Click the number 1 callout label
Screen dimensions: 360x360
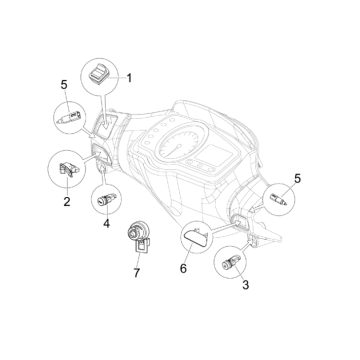pos(129,78)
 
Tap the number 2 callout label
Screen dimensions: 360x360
pos(67,201)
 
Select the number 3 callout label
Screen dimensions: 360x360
pos(245,285)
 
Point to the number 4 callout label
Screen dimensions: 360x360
pos(106,223)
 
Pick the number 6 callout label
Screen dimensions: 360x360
pos(183,268)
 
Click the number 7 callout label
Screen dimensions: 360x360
pos(137,273)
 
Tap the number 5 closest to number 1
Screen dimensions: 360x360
pos(64,85)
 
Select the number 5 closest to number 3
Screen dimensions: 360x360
pos(297,178)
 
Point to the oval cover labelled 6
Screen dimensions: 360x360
pos(195,237)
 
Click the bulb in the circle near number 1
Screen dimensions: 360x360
pos(69,118)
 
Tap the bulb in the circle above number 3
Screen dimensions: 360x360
pos(279,199)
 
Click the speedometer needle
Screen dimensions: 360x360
pos(174,150)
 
